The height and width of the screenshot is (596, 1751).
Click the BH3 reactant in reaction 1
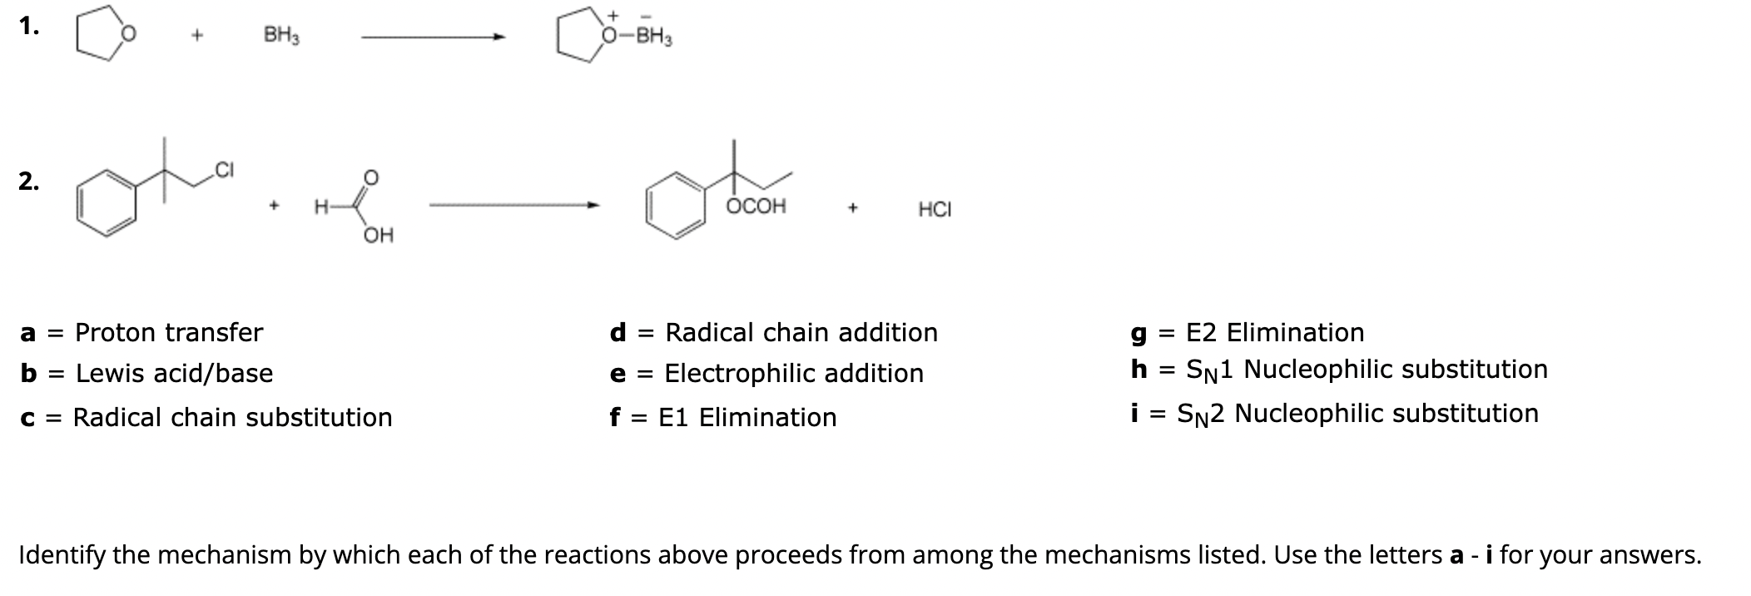281,36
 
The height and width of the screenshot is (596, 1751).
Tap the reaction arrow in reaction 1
433,37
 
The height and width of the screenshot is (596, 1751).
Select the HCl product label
935,210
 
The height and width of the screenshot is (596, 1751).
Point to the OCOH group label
756,206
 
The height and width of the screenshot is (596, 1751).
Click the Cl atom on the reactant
225,171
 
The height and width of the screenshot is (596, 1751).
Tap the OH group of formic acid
379,236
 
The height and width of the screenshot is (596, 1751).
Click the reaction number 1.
29,27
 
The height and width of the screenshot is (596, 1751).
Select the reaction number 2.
29,181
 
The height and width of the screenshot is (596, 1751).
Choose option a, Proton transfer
141,333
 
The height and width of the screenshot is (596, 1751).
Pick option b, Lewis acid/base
146,374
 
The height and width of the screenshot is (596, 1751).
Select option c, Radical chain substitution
206,417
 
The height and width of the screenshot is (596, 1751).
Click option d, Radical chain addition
774,333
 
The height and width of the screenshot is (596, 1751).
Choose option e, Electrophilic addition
766,374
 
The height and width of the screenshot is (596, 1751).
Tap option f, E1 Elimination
723,417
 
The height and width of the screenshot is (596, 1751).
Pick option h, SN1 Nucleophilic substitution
1339,370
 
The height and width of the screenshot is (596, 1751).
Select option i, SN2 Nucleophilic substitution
1334,414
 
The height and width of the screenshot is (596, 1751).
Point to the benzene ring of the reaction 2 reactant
107,205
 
